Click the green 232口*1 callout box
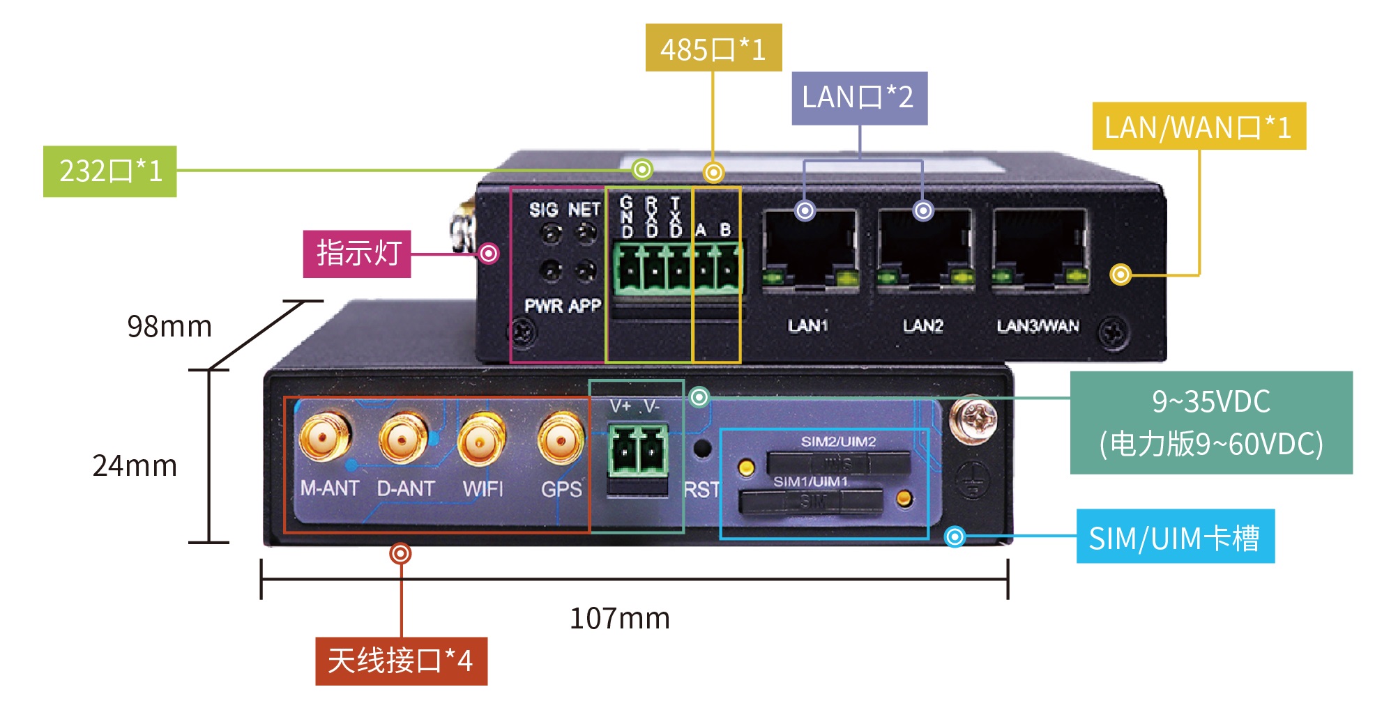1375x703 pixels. pos(110,171)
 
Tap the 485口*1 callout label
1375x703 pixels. pos(713,48)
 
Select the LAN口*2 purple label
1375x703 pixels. pos(858,98)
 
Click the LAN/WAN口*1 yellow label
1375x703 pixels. pos(1198,127)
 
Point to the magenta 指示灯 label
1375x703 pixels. pos(357,254)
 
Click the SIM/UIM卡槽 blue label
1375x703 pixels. pos(1174,536)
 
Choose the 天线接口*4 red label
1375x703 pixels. pos(401,660)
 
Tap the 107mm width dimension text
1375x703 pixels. pos(619,619)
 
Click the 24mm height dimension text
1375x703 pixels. pos(135,465)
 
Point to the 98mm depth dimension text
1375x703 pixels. pos(169,326)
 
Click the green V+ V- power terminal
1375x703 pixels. pos(638,451)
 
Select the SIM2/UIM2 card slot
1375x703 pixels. pos(838,462)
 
